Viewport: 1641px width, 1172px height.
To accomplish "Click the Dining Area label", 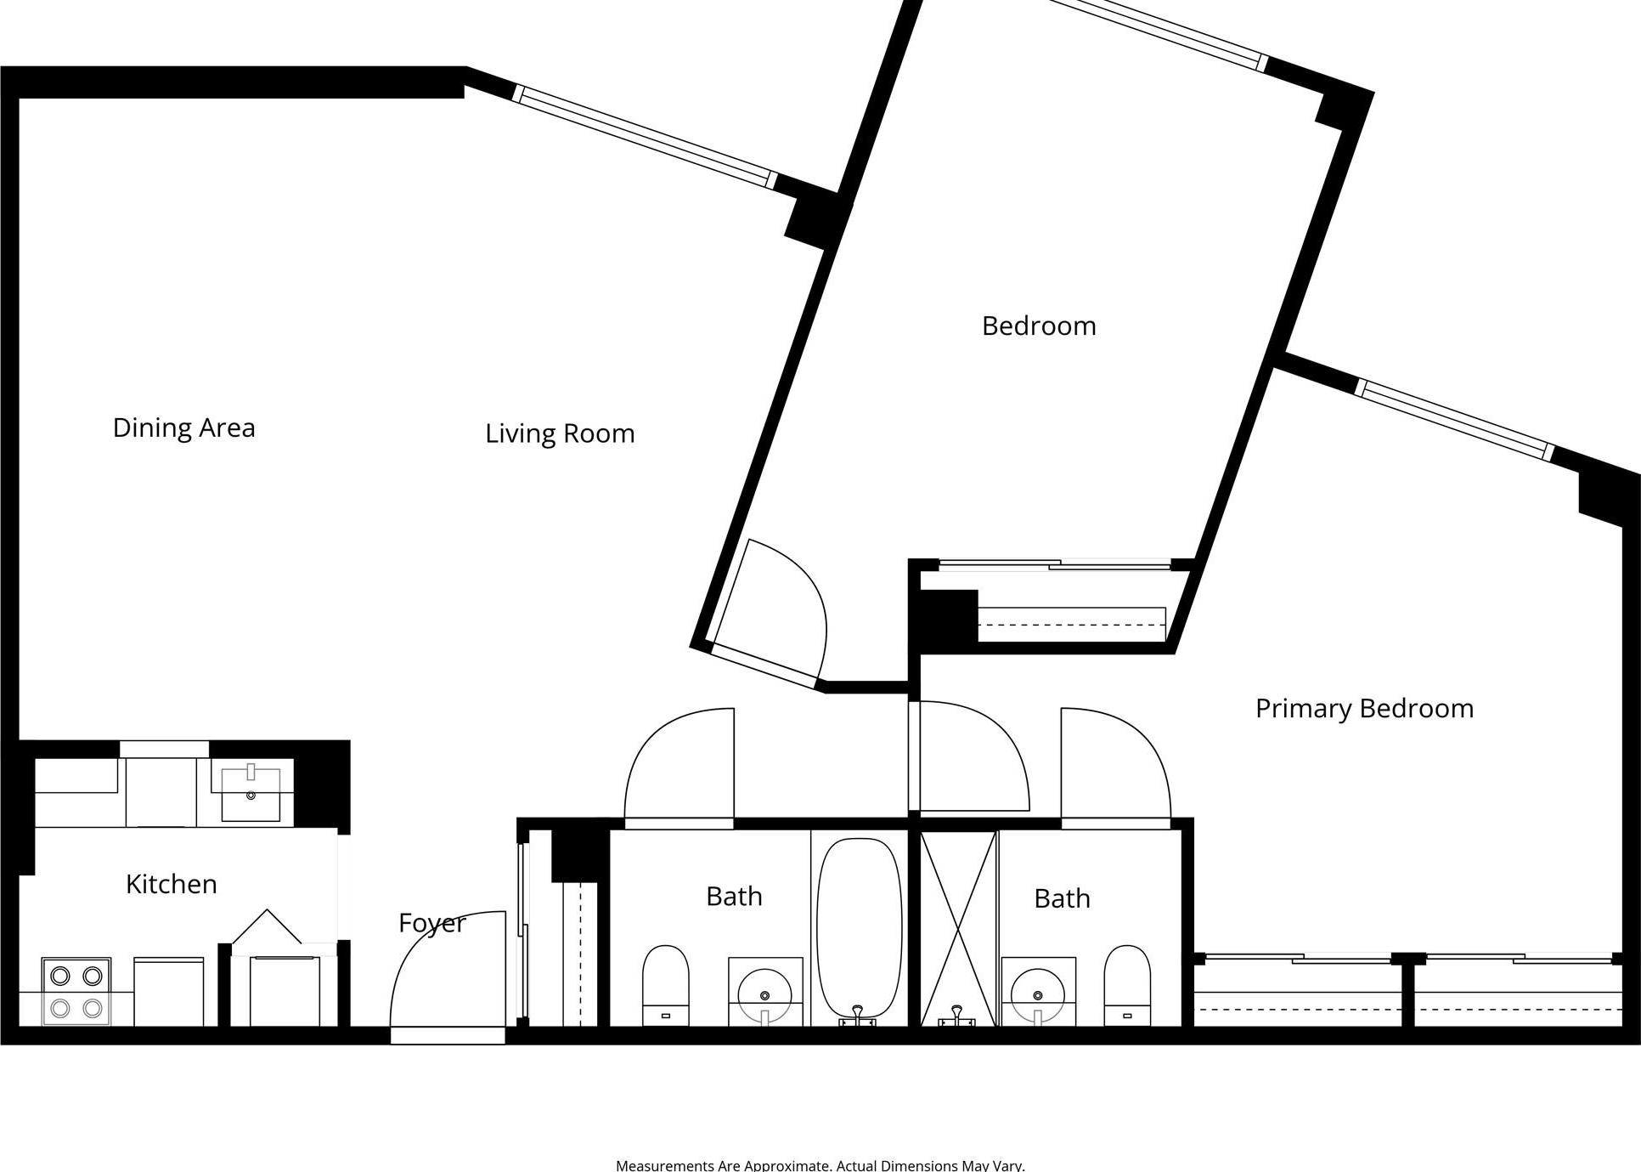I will [x=183, y=427].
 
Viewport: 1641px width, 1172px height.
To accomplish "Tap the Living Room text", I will [x=560, y=433].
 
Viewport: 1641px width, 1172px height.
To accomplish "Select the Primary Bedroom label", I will [x=1364, y=708].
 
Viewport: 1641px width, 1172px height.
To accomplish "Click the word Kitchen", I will [x=172, y=884].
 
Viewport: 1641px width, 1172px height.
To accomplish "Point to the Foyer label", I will [x=431, y=923].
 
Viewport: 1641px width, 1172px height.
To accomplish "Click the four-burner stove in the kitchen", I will [x=76, y=991].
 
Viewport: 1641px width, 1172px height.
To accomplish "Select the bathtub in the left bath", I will [x=859, y=926].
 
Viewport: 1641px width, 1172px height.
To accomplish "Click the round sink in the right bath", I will [x=1038, y=994].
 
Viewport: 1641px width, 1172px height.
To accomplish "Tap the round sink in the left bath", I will [x=764, y=994].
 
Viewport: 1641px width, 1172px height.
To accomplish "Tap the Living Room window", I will [x=646, y=136].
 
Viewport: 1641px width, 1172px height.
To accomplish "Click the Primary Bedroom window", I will [x=1454, y=420].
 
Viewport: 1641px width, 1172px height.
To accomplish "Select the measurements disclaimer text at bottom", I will [x=820, y=1165].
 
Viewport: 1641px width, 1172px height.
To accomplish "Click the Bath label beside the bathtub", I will [x=734, y=897].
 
